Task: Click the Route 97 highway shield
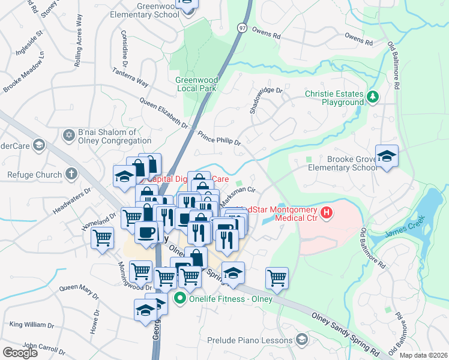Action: click(x=241, y=45)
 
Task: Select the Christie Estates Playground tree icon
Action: click(x=373, y=95)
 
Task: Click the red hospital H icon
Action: click(x=327, y=212)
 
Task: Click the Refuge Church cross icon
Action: click(x=71, y=175)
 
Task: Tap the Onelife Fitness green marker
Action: click(x=178, y=298)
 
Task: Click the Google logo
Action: click(x=20, y=352)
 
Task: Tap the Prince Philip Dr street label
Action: click(x=219, y=140)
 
